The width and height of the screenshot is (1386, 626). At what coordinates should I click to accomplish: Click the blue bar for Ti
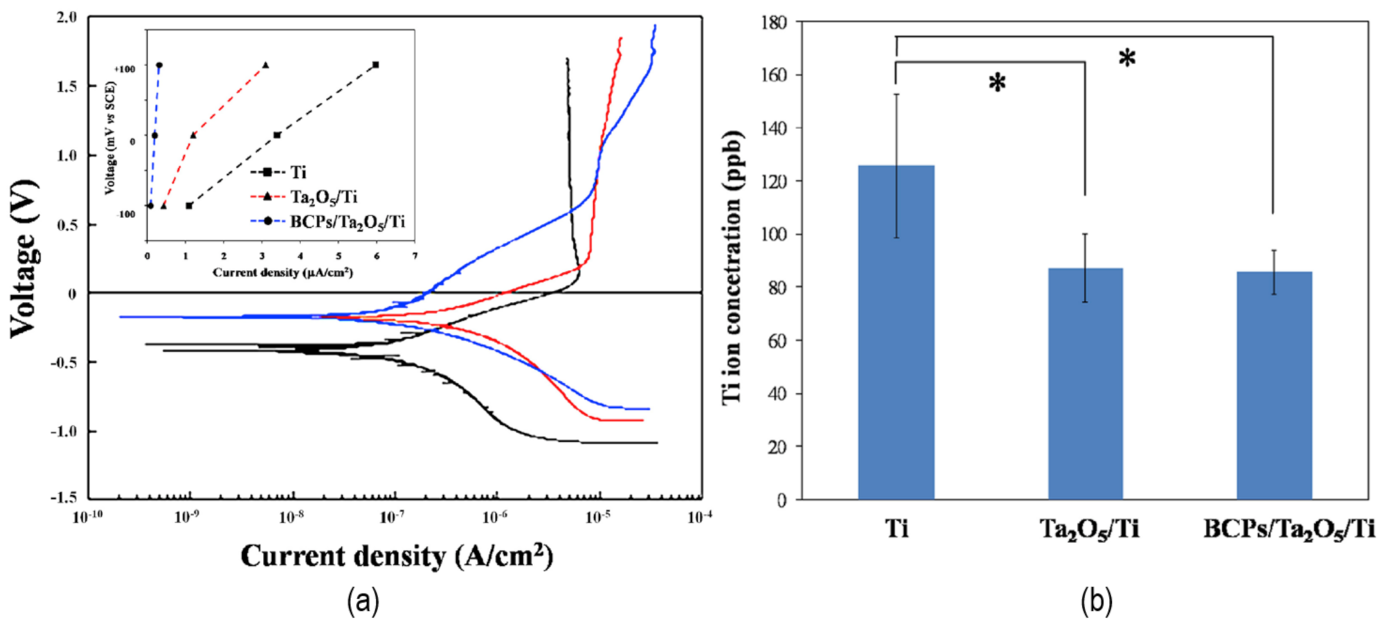coord(896,332)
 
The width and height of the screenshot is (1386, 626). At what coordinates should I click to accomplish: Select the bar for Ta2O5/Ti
coord(1085,384)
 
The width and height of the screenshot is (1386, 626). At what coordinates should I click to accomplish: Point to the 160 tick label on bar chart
coord(773,75)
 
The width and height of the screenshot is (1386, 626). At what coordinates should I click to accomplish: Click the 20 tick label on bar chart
coord(777,447)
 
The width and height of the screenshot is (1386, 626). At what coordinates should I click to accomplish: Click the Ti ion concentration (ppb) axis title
coord(732,267)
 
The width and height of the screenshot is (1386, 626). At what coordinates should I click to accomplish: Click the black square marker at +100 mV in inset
coord(376,64)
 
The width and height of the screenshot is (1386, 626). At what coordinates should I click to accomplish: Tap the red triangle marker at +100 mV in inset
coord(266,65)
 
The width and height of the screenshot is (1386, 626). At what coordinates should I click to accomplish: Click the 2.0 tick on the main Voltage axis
coord(66,17)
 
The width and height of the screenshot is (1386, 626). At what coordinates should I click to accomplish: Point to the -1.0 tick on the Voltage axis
coord(64,431)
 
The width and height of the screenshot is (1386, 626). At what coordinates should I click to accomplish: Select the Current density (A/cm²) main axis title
coord(397,556)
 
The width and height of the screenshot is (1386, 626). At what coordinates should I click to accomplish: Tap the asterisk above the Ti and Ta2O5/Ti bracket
coord(997,83)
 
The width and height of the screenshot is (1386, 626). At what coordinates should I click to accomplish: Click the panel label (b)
coord(1096,600)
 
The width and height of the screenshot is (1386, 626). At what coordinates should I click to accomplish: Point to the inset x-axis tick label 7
coord(415,256)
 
